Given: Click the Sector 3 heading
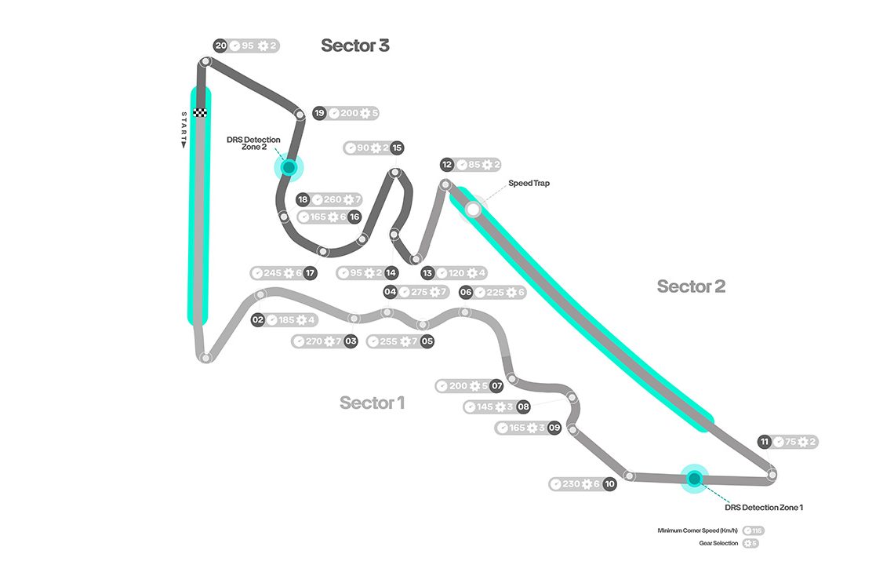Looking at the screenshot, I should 354,46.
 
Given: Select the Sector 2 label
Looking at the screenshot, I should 691,286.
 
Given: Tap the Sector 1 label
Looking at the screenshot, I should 372,403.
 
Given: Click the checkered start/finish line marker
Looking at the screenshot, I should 200,112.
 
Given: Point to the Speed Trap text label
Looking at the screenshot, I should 529,184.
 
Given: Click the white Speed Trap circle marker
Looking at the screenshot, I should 473,210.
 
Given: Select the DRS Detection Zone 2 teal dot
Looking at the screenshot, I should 289,167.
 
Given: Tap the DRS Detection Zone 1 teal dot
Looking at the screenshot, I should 694,477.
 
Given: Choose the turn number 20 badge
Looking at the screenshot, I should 221,46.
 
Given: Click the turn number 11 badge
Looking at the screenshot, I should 765,442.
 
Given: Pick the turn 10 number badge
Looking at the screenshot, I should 609,484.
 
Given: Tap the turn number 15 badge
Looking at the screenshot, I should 397,148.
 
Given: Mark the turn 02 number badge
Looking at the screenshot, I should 258,320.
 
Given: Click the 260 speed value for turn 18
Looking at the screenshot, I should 333,199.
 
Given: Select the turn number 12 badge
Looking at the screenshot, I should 447,165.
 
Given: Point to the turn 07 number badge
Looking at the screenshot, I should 496,386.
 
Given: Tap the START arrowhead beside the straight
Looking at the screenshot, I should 184,144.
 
